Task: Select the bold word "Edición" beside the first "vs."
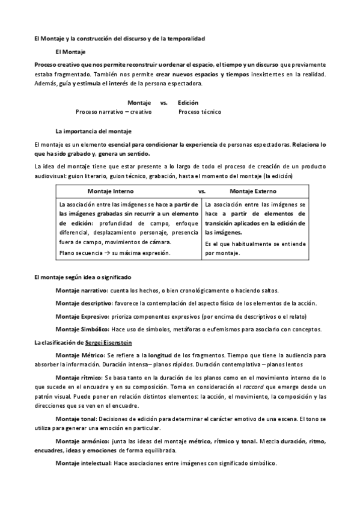pos(188,103)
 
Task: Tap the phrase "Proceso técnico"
pos(200,112)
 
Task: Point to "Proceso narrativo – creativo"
pos(114,112)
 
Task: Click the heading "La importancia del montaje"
pos(93,131)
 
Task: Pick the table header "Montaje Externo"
pos(254,191)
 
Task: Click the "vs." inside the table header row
pos(202,191)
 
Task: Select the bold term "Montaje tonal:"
pos(75,419)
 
